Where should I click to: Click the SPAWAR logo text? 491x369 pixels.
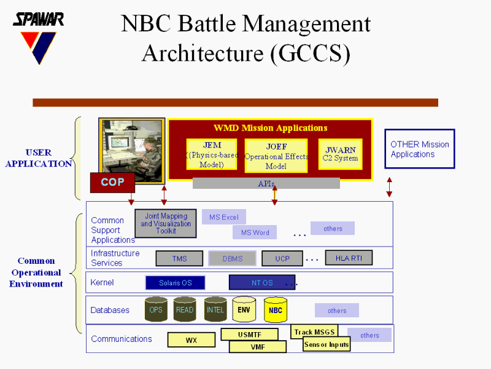39,19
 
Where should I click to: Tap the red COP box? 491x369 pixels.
112,183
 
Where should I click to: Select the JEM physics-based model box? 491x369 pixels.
212,154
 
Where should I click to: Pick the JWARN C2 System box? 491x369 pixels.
340,154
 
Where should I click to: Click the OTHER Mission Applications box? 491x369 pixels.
420,149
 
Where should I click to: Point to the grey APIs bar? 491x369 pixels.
266,183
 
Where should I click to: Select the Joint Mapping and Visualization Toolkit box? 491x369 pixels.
166,224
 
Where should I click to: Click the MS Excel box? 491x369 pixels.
224,217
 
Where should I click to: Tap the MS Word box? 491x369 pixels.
255,232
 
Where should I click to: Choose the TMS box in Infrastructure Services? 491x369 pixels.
179,259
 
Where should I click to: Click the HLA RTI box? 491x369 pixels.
349,258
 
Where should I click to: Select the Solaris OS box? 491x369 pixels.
175,283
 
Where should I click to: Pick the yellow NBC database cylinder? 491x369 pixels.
276,310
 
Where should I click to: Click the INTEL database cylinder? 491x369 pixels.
215,309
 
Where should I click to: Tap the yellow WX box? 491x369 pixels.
191,340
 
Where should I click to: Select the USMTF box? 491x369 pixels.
249,335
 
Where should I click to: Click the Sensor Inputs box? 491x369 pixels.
327,345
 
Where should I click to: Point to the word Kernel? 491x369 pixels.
102,283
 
